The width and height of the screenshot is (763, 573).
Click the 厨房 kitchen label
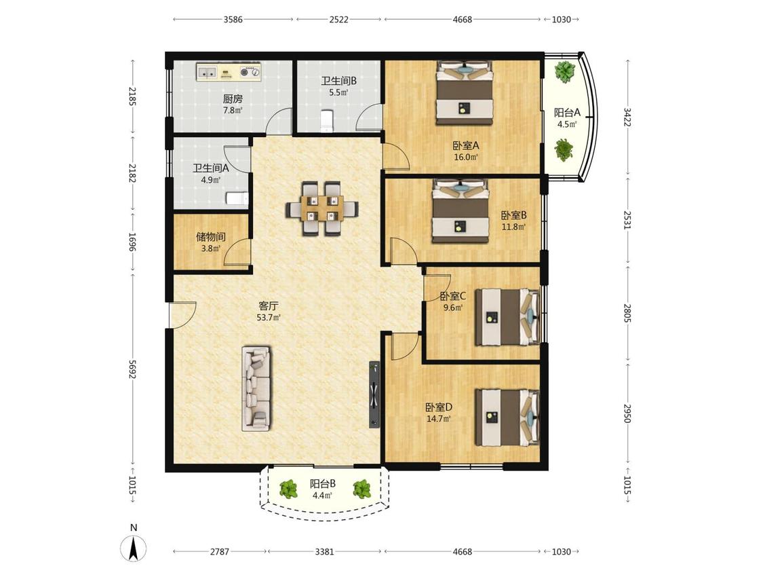point(233,99)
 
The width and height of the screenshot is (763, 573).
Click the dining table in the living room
point(321,208)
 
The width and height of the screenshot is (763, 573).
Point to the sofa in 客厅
point(256,388)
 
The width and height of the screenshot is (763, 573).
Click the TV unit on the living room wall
point(374,394)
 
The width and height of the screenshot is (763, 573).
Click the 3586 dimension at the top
point(233,20)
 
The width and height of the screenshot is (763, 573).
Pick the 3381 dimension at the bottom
point(325,551)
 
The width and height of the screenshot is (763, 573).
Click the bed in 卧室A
point(464,92)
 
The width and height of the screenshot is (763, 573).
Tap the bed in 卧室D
point(507,417)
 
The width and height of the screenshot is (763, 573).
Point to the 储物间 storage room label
point(210,237)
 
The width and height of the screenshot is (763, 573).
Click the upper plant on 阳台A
point(564,71)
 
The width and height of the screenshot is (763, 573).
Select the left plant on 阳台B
point(289,489)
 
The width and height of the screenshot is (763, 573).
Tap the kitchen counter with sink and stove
point(229,72)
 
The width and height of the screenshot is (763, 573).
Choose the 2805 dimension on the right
point(627,313)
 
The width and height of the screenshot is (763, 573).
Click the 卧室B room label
point(514,215)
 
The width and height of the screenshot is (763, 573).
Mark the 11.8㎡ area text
point(514,227)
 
